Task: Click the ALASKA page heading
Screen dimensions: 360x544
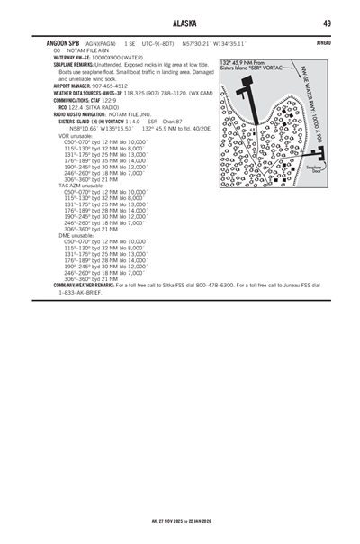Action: [x=180, y=23]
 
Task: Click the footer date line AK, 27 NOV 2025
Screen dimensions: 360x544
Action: [x=180, y=519]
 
